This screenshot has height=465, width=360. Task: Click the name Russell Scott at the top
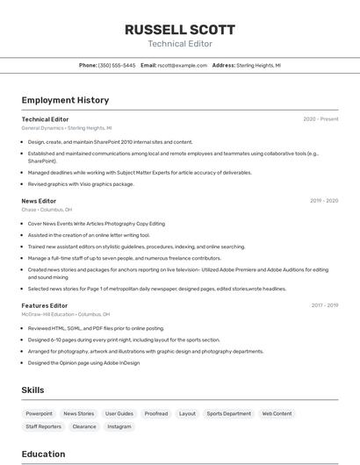(179, 29)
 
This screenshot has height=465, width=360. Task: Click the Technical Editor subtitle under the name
(179, 44)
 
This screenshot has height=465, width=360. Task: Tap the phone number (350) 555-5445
(117, 65)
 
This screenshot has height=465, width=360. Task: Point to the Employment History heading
(65, 100)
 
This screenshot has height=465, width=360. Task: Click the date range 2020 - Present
(320, 119)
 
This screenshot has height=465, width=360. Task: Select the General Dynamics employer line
(67, 128)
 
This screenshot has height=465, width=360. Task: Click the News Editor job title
(39, 201)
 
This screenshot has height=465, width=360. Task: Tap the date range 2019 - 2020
(323, 201)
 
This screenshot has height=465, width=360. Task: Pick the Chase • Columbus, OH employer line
(47, 210)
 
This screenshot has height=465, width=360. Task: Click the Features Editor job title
(45, 305)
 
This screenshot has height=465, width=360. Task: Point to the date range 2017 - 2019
(324, 305)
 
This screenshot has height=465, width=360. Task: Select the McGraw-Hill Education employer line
(66, 314)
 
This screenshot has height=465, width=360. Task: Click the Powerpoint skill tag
(39, 413)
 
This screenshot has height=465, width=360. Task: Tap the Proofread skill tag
(156, 413)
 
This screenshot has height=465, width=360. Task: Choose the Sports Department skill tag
(228, 413)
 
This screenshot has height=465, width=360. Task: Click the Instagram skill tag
(119, 426)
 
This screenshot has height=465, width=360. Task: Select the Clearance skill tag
(84, 426)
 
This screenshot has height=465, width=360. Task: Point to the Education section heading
(43, 454)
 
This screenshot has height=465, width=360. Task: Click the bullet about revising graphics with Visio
(81, 184)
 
